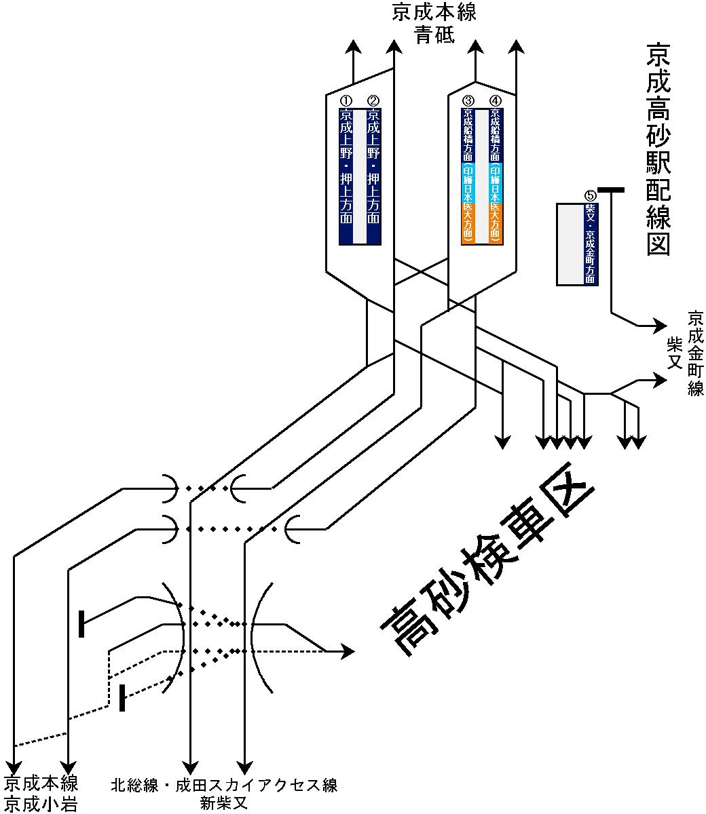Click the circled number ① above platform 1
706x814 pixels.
coord(346,102)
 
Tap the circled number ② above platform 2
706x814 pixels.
coord(373,102)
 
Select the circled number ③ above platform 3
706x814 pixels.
coord(468,102)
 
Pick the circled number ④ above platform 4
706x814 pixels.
coord(496,102)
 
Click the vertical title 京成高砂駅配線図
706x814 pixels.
coord(658,149)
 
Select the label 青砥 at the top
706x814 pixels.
coord(434,34)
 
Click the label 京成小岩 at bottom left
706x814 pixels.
coord(41,805)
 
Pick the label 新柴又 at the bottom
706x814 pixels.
coord(224,804)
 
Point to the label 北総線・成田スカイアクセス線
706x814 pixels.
coord(224,786)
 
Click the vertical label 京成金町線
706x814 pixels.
coord(696,353)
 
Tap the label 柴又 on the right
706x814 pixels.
coord(674,353)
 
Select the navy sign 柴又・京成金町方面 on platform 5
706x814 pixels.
coord(591,244)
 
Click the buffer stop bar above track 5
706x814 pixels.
coord(611,191)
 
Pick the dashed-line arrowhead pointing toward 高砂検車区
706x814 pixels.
coord(348,651)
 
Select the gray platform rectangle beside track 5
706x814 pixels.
coord(570,244)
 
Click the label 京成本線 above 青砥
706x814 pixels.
coord(434,14)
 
